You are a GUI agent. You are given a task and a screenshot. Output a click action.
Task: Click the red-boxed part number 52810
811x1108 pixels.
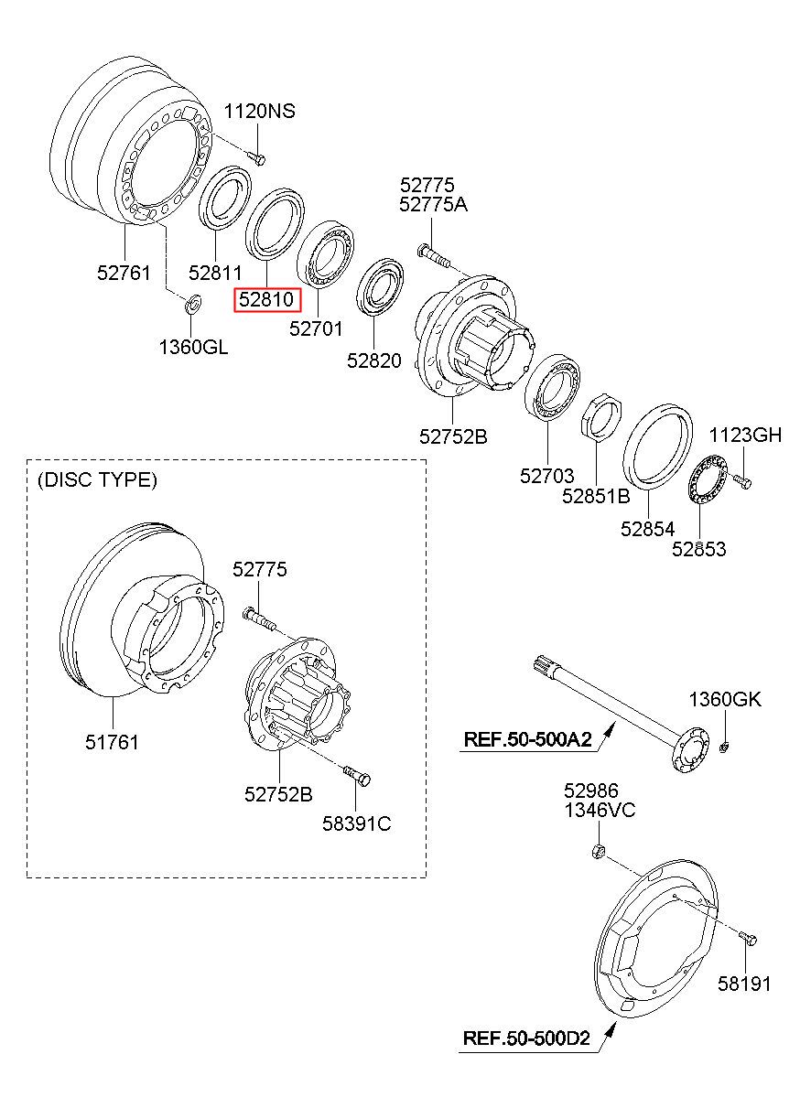tap(266, 299)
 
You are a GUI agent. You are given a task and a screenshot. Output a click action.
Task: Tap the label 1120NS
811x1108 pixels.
tap(259, 111)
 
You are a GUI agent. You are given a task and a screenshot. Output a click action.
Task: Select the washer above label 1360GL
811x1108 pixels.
tap(192, 304)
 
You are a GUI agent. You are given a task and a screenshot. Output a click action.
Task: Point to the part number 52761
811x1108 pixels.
tap(124, 273)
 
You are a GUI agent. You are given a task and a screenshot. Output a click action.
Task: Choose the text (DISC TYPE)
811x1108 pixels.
tap(97, 479)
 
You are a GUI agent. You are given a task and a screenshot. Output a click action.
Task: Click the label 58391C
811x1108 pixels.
tap(357, 823)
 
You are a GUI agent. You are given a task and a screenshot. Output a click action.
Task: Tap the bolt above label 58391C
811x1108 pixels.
tap(357, 776)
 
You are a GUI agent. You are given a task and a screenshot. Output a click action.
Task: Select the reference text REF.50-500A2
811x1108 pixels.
tap(528, 739)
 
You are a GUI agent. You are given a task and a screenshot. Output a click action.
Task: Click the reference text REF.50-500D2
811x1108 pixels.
tap(526, 1038)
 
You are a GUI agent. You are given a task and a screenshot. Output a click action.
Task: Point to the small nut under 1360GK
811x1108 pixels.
tap(723, 747)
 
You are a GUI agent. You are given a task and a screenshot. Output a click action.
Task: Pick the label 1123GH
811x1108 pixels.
tap(745, 436)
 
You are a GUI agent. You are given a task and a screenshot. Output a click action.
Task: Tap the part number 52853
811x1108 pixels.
tap(699, 549)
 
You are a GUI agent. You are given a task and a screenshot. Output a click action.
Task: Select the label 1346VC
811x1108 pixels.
tap(600, 811)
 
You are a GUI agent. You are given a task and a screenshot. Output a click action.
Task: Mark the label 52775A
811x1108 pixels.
tap(434, 205)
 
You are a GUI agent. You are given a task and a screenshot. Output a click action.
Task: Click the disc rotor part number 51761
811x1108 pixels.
tap(113, 742)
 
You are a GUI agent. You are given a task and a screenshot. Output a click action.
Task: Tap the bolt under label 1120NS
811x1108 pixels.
tap(257, 157)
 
